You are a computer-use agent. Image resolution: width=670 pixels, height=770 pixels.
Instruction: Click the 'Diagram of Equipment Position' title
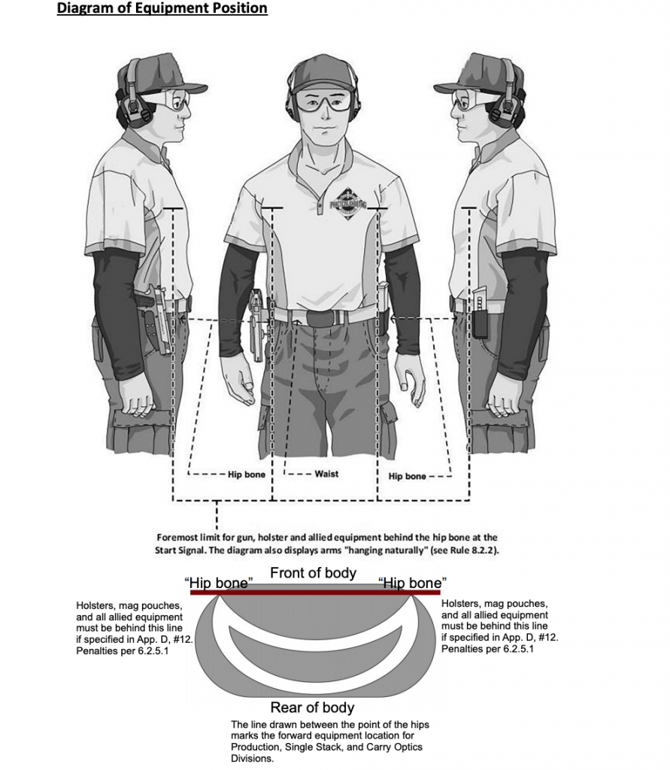click(162, 8)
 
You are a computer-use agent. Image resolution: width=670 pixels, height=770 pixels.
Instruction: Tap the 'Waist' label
click(326, 474)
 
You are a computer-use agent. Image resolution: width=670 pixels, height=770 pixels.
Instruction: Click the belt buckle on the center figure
click(323, 318)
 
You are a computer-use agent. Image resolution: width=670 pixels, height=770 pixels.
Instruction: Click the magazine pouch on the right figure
click(480, 314)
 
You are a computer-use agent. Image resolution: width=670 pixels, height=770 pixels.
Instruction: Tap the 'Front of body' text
click(314, 573)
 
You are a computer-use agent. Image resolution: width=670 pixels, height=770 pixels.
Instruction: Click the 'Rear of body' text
click(312, 708)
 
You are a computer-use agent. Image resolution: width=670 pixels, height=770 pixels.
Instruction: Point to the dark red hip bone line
click(315, 593)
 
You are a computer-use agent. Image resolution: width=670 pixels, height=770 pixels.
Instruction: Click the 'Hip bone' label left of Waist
click(247, 474)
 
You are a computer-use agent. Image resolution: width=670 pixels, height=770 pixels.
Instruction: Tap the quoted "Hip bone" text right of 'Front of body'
click(413, 583)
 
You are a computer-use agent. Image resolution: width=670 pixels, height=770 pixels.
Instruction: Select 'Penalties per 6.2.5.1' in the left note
click(123, 651)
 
